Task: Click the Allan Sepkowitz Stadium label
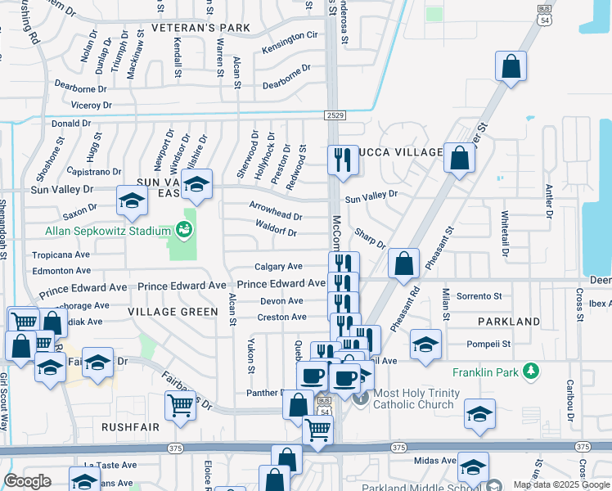tap(97, 232)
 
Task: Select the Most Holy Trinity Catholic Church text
tap(413, 399)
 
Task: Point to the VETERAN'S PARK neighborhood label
tap(200, 28)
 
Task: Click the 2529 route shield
tap(333, 115)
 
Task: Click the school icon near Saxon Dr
tap(132, 201)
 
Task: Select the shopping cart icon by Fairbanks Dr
tap(180, 404)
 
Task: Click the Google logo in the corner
tap(28, 481)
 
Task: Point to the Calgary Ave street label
tap(278, 267)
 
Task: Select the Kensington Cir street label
tap(290, 36)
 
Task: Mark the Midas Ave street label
tap(435, 461)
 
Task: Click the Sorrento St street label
tap(479, 296)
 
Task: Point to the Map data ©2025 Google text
tap(561, 484)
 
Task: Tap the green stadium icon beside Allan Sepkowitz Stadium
tap(188, 232)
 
